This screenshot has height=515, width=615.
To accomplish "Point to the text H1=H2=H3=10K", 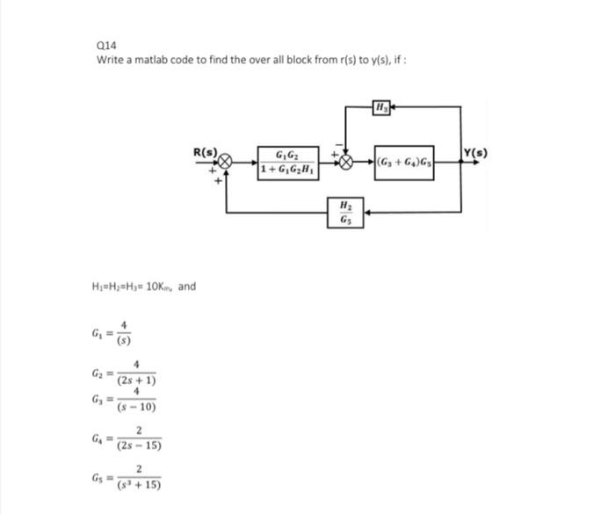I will pos(132,287).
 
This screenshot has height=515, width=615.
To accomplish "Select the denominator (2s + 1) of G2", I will pos(136,381).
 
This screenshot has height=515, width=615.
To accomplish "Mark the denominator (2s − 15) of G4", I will pos(138,446).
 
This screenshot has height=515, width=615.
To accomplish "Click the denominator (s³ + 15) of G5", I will pos(138,484).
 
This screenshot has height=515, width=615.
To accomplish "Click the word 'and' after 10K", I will pos(186,287).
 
